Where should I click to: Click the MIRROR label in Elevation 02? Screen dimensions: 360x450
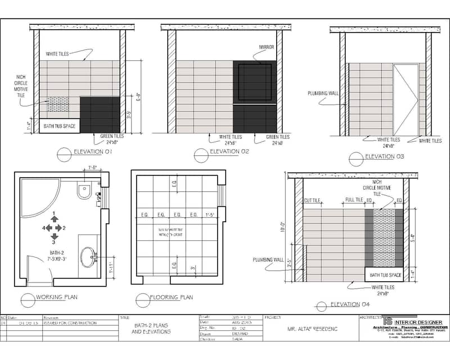[266, 47]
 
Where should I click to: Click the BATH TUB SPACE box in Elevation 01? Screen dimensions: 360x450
[59, 126]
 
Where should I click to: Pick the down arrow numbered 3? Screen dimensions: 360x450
[54, 235]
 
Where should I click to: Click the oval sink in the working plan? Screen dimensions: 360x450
[88, 258]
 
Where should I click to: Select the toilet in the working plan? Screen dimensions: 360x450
[84, 191]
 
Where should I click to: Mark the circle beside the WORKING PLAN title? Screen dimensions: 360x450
[28, 299]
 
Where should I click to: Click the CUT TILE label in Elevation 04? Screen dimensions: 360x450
[312, 200]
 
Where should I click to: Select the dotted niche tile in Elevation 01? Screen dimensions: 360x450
[58, 104]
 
